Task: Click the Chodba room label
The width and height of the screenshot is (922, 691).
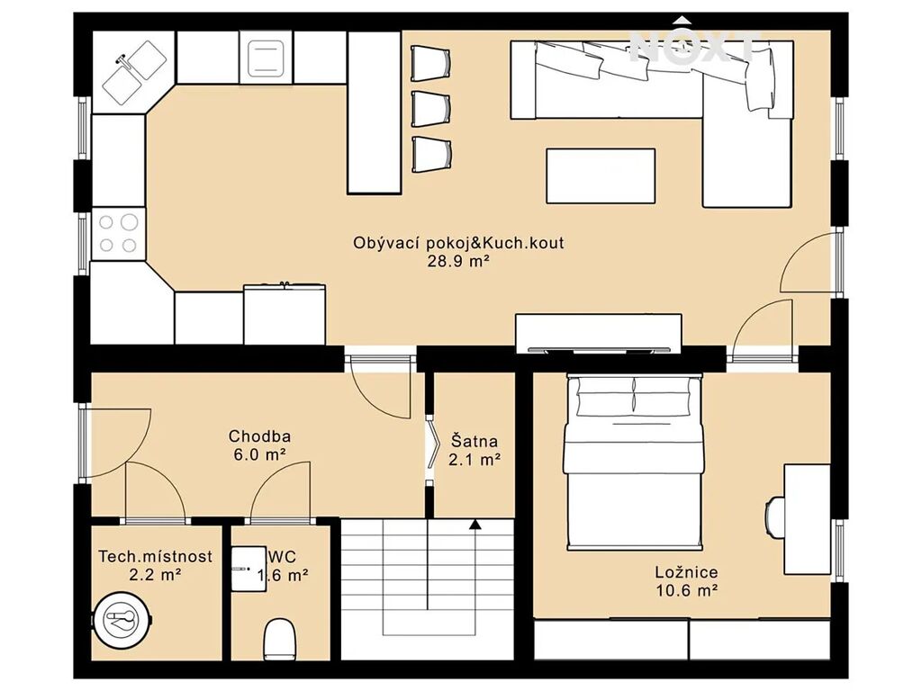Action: [x=259, y=436]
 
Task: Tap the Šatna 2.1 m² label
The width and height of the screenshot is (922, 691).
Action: [x=475, y=450]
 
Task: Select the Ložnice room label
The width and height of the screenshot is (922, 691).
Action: [x=686, y=572]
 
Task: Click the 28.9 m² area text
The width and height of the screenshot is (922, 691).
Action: [x=458, y=262]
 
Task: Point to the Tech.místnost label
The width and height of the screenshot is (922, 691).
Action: [x=155, y=556]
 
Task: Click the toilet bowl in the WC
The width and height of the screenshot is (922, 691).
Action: [x=279, y=640]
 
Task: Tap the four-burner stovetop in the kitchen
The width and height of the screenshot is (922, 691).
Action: [x=118, y=233]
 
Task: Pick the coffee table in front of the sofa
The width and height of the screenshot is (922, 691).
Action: [x=601, y=175]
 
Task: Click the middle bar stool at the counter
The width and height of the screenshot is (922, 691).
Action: [x=431, y=109]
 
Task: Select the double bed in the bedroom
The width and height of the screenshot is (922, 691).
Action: [x=634, y=462]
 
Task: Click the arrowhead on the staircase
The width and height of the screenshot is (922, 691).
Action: [x=475, y=525]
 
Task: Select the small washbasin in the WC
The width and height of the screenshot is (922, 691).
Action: [x=249, y=569]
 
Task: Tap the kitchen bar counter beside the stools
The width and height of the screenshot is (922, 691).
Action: [x=374, y=112]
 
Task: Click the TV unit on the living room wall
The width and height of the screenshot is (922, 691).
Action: [x=599, y=333]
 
